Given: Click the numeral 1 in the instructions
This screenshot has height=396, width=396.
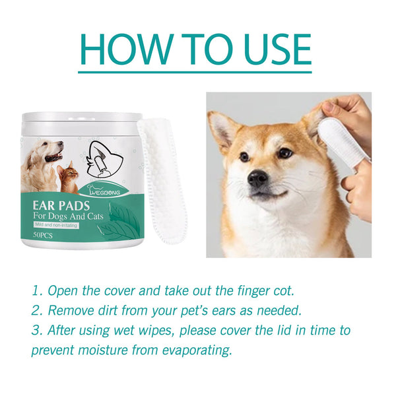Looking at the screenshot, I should coord(36,291).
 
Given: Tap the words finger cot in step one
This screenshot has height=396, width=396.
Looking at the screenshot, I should coord(275,291).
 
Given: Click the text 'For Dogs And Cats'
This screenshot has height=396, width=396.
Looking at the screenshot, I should coord(69,217).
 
